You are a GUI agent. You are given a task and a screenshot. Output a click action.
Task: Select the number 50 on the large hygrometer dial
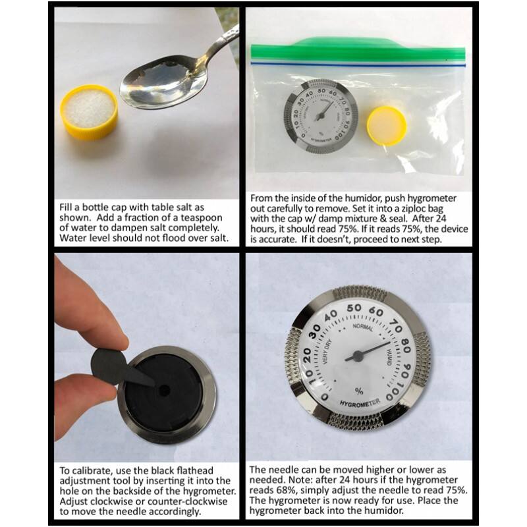pos(353,308)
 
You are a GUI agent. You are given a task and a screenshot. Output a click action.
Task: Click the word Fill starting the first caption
pos(67,208)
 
